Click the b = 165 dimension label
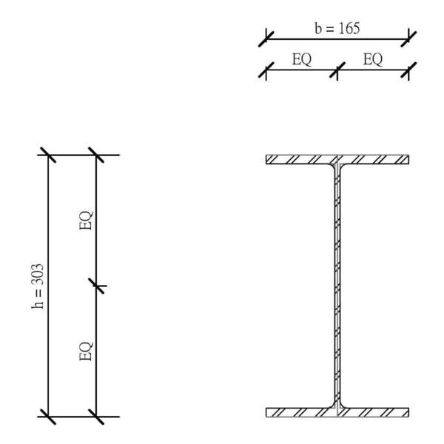coord(337,29)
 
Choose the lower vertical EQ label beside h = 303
coord(86,350)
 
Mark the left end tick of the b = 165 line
coord(266,38)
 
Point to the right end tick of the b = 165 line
coord(408,38)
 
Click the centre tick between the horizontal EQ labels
coord(337,71)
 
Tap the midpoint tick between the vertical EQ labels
coord(96,286)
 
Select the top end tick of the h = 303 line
coord(48,155)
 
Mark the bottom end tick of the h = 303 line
coord(48,417)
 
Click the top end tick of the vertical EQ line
coord(96,155)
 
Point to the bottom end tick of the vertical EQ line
coord(96,417)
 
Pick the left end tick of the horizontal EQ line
coord(266,71)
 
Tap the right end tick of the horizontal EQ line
coord(408,71)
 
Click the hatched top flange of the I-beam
coord(296,159)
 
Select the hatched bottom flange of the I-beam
coord(296,411)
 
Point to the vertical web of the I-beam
coord(337,286)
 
